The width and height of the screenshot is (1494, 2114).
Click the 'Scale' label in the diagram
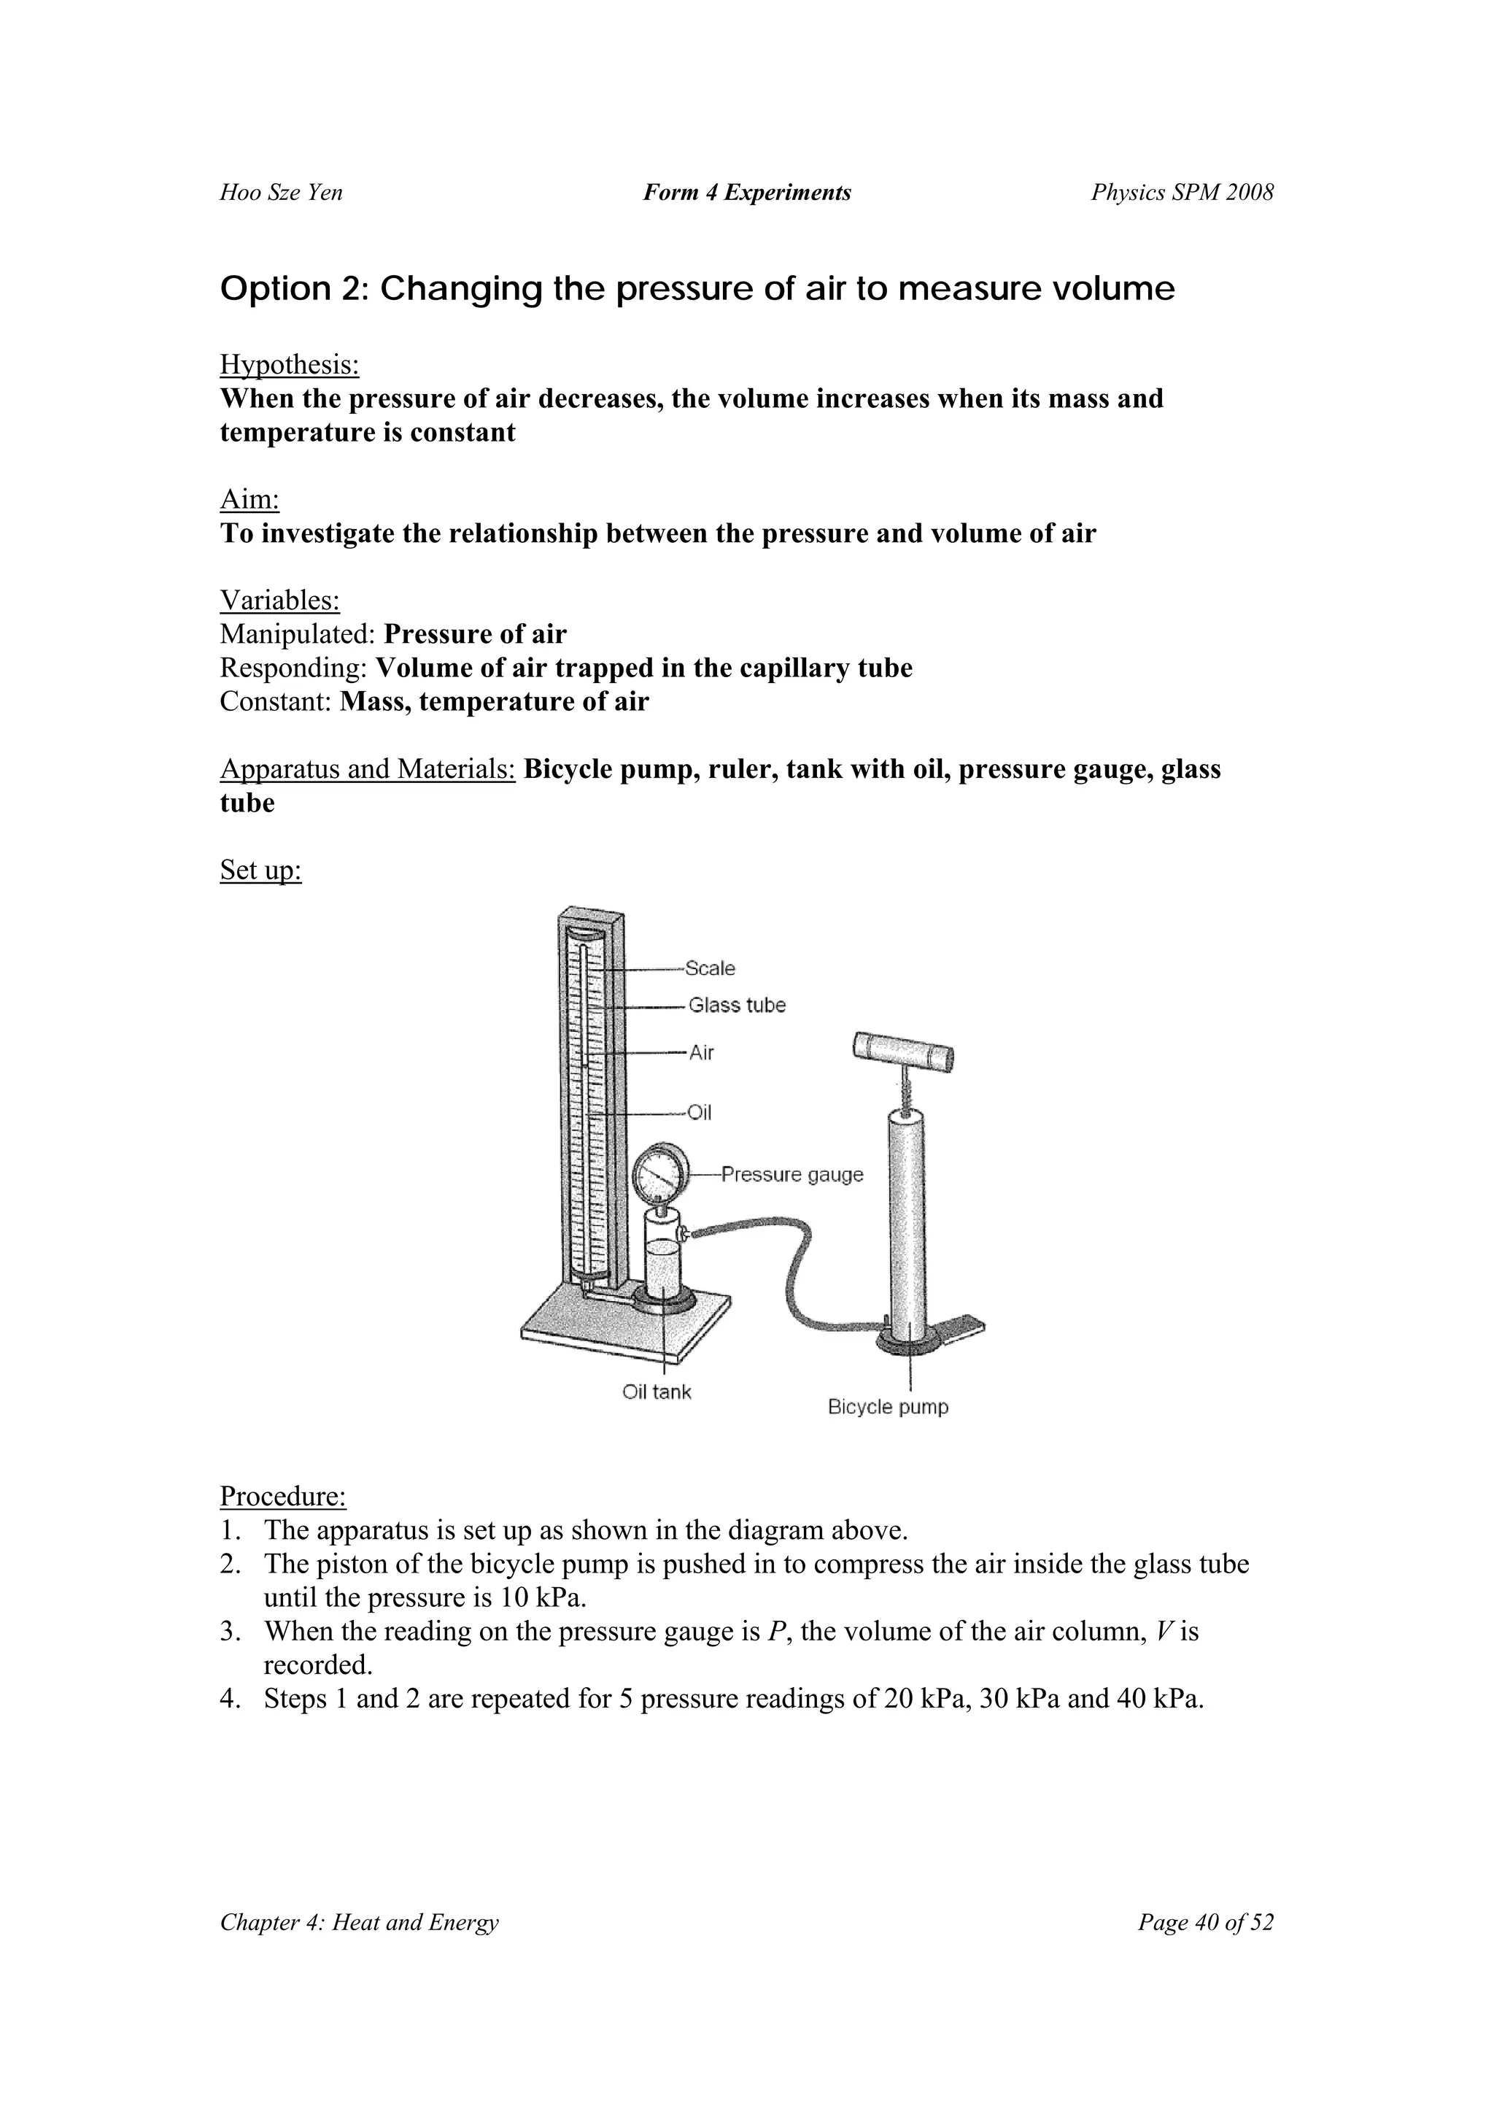(710, 968)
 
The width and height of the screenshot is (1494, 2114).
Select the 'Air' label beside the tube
(702, 1052)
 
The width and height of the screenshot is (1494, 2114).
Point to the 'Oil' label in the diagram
(700, 1112)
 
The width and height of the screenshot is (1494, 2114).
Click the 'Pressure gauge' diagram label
(791, 1174)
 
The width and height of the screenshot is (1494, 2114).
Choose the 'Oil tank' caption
(657, 1392)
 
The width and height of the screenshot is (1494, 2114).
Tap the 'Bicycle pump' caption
(887, 1407)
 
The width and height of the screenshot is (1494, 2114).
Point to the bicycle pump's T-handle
(903, 1052)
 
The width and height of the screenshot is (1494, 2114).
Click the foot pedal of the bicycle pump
(963, 1326)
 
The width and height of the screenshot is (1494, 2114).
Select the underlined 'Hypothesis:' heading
(289, 365)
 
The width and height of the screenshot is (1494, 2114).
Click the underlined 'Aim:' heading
(249, 499)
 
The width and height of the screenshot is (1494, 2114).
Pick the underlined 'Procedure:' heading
(282, 1496)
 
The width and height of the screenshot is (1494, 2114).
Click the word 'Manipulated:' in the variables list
(298, 634)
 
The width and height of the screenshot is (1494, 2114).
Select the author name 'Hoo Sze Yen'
(281, 193)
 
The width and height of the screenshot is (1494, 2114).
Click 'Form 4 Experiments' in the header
(746, 193)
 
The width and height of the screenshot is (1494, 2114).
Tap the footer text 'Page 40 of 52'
(1205, 1923)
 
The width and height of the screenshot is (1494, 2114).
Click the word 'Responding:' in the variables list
(295, 668)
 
